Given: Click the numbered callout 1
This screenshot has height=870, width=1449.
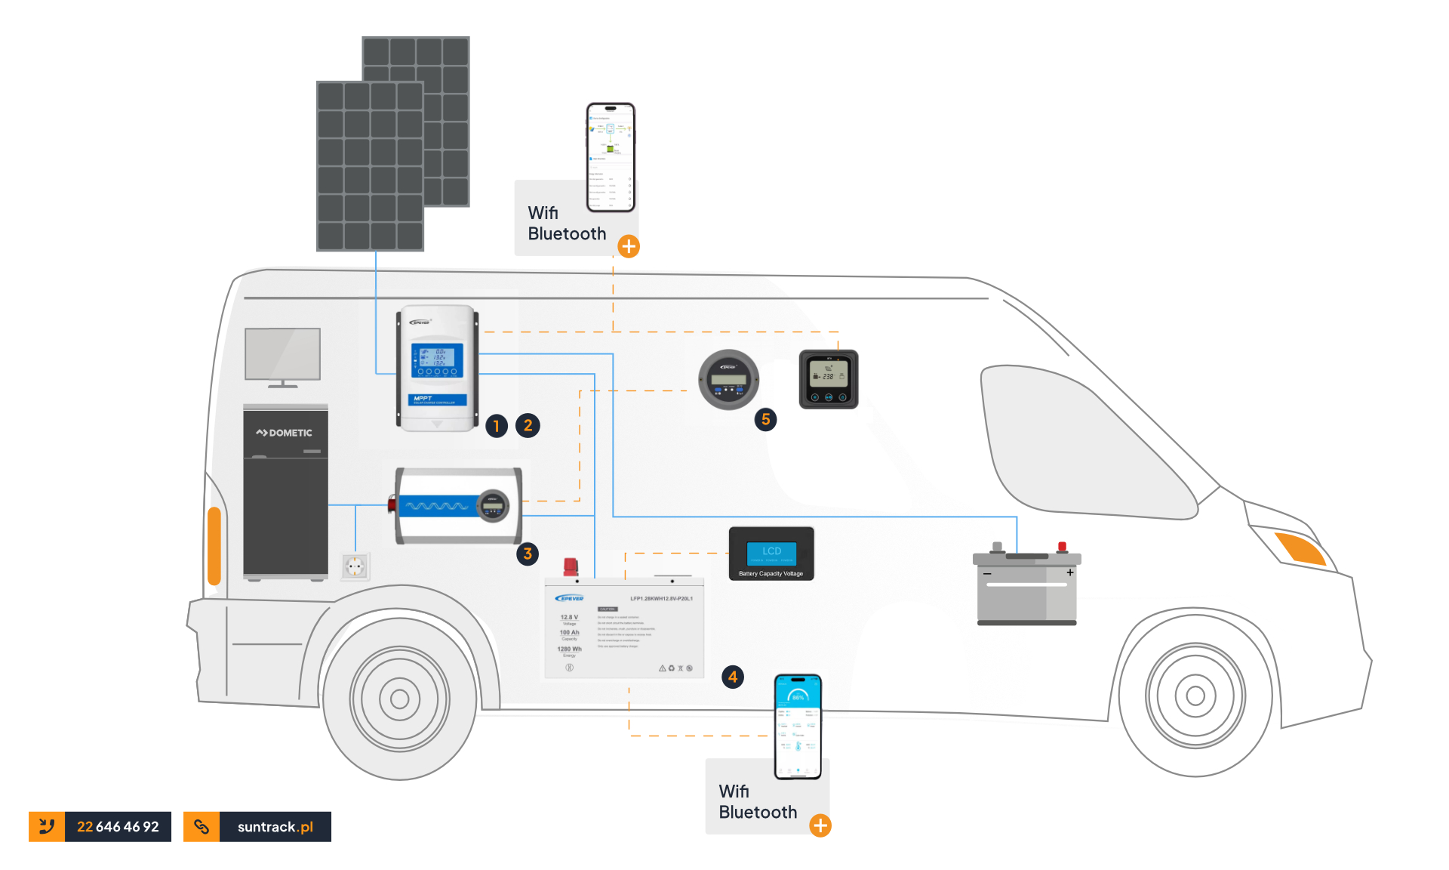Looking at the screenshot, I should click(x=496, y=426).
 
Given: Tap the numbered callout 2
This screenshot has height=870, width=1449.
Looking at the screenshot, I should click(x=528, y=426).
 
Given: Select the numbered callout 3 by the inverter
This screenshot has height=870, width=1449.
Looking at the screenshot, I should click(x=528, y=554).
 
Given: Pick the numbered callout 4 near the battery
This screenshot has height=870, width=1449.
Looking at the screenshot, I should click(x=733, y=677).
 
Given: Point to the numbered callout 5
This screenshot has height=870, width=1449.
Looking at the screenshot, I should click(x=765, y=420).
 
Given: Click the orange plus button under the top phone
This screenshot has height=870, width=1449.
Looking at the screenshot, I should click(x=629, y=246).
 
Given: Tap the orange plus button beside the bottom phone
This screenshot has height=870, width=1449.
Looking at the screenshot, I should click(x=820, y=825).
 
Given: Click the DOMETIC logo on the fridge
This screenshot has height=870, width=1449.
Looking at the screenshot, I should click(x=284, y=433).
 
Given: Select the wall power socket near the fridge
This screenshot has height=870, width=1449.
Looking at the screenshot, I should click(x=355, y=566).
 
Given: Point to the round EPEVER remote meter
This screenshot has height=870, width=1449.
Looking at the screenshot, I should click(x=728, y=379).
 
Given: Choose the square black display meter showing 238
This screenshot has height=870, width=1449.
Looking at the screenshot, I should click(x=828, y=379).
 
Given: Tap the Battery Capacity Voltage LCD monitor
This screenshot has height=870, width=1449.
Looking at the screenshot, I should click(x=771, y=554).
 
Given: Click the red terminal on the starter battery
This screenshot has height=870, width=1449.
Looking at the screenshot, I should click(x=1062, y=547).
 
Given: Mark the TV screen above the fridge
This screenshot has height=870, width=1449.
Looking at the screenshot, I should click(x=282, y=353).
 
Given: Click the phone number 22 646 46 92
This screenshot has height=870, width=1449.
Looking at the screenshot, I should click(x=118, y=827).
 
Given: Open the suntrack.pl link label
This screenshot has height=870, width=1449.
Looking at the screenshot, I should click(x=275, y=827).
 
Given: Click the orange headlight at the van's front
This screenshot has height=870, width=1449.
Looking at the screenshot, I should click(x=1300, y=548).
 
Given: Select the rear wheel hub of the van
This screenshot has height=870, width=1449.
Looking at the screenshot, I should click(x=399, y=699).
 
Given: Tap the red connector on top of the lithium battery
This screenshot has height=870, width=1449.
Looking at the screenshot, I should click(x=571, y=566).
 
